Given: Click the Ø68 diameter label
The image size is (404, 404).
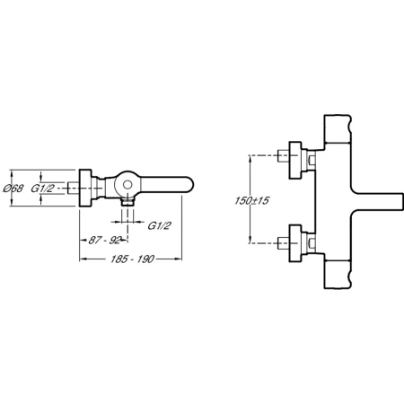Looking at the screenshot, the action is (x=13, y=189).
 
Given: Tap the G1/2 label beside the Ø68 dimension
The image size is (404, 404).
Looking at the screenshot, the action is (x=43, y=189).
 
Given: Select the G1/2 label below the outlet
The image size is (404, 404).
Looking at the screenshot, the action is (x=160, y=225).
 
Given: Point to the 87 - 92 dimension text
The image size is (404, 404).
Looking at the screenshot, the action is (x=105, y=240).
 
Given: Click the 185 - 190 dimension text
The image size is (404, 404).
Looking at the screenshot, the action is (x=132, y=259).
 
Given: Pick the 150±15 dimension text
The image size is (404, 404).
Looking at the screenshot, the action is (x=251, y=200).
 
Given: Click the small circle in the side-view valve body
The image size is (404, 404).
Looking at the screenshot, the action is (x=127, y=186).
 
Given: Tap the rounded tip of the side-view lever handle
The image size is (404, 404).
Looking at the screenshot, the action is (x=191, y=186).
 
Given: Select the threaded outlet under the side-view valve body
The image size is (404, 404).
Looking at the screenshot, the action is (x=127, y=202).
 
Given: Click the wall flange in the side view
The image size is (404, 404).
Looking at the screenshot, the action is (x=85, y=188).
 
